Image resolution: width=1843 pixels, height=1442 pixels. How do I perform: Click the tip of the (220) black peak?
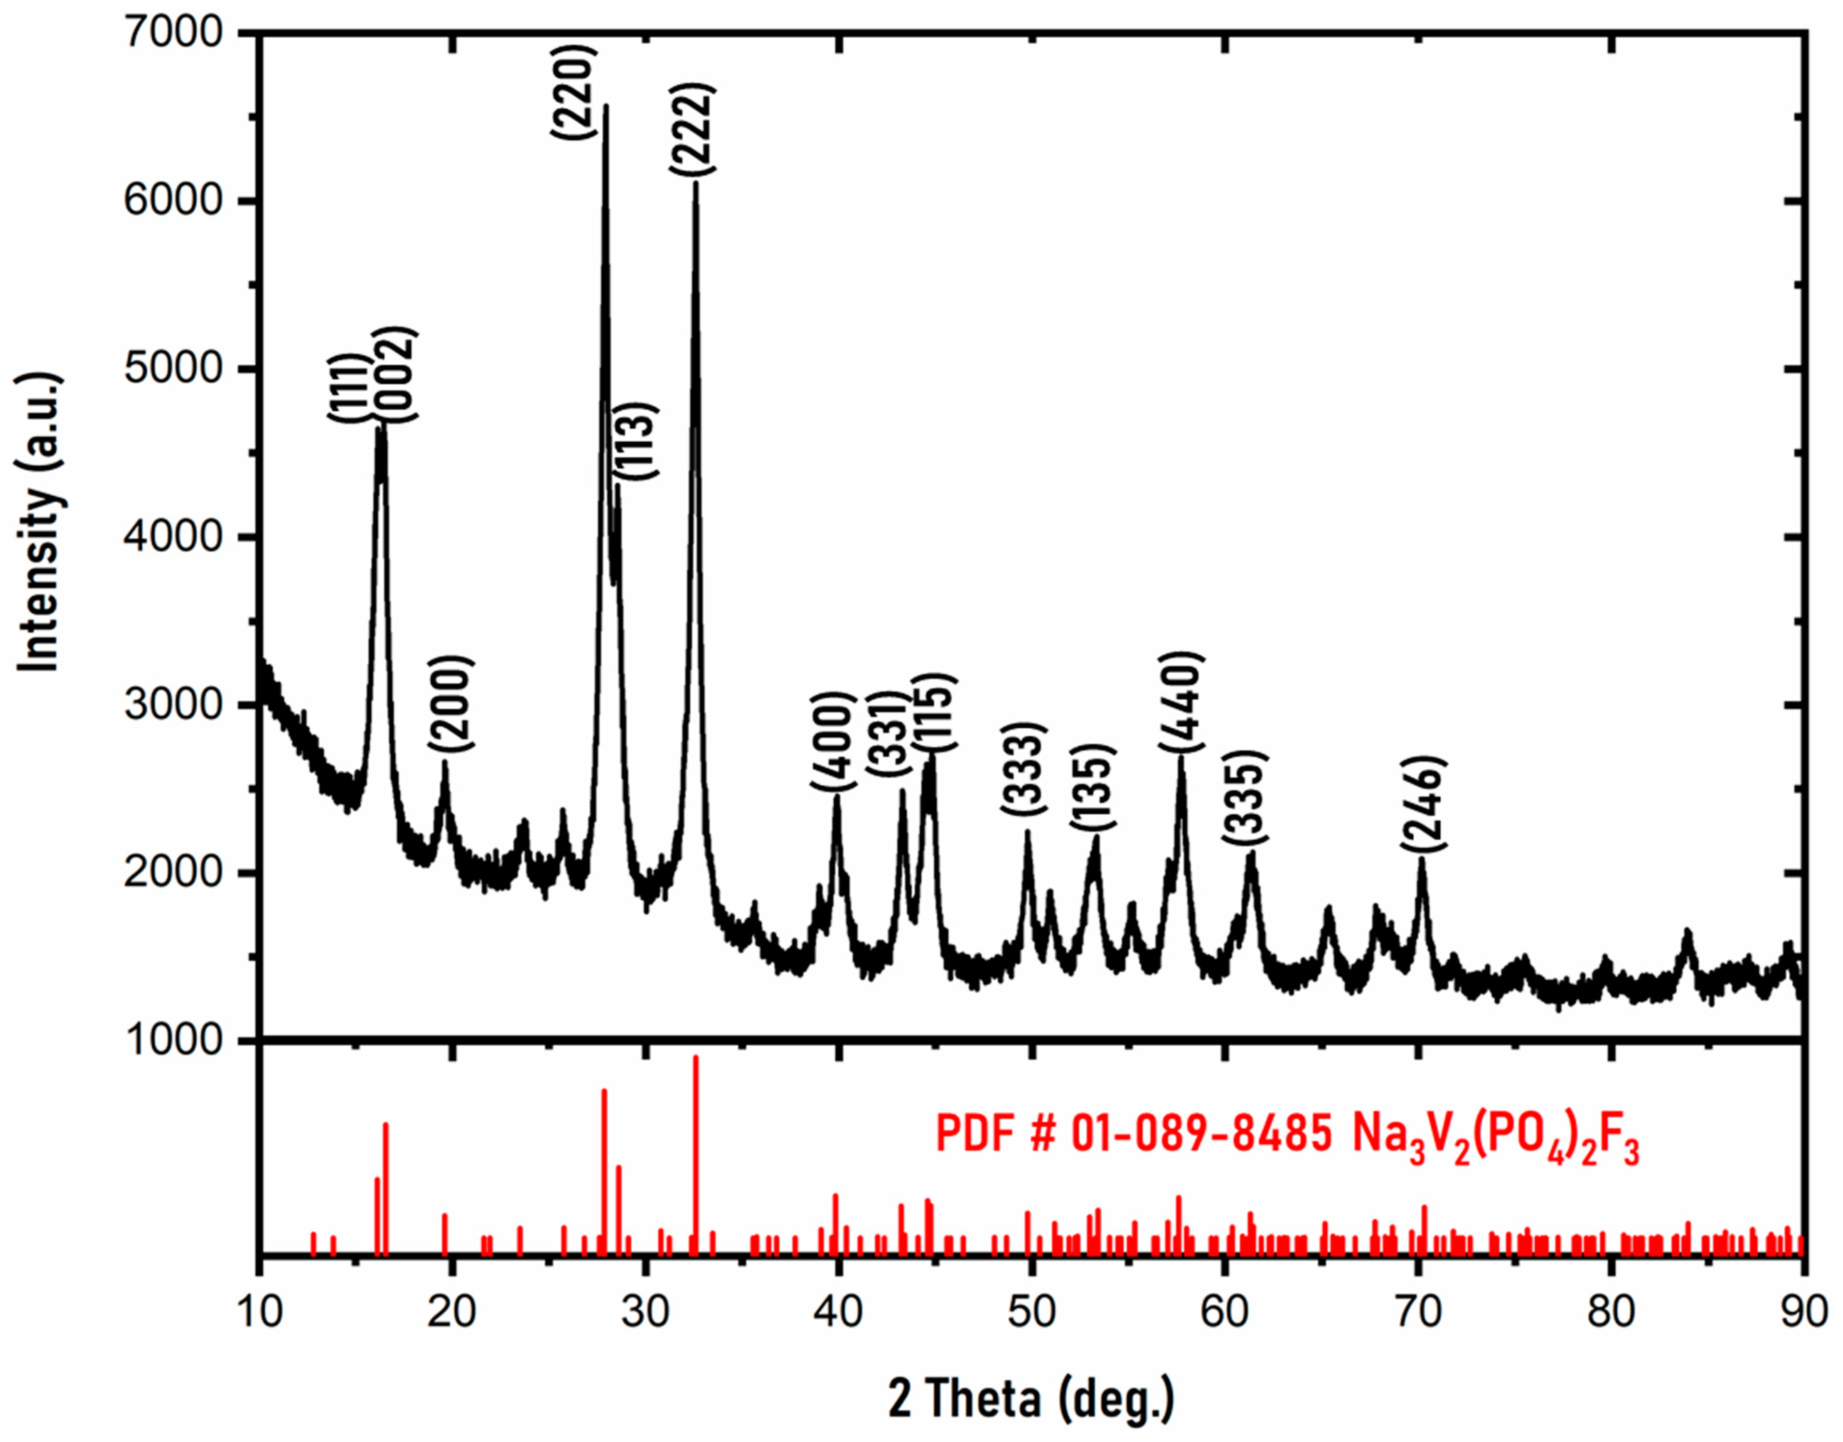[605, 106]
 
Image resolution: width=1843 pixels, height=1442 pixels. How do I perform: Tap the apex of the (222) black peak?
[696, 182]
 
